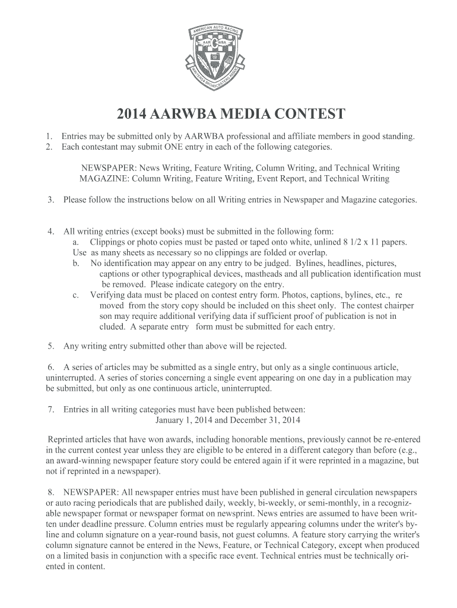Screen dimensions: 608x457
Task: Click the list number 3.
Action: click(x=52, y=200)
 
